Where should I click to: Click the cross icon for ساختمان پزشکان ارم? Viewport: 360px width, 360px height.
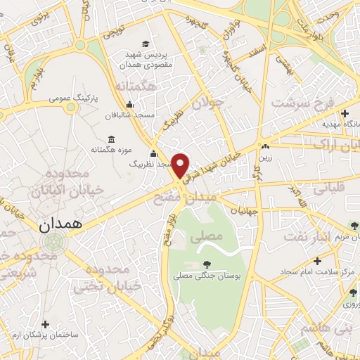coord(46,324)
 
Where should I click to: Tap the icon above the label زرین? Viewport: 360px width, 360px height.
coord(265,148)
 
